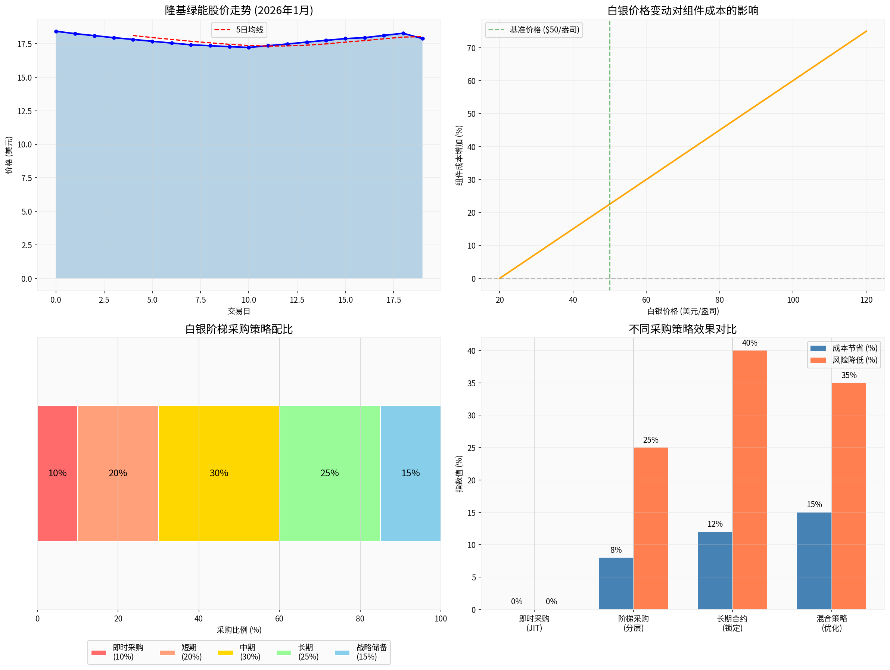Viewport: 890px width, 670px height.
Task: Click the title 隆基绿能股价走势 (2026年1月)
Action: pos(239,10)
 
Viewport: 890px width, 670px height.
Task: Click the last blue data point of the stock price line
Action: pos(423,38)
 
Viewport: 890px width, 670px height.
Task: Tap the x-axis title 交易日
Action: pos(239,311)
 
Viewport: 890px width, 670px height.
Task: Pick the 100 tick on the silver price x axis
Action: pos(793,300)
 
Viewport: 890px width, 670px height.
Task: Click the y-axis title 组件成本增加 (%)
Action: pos(459,155)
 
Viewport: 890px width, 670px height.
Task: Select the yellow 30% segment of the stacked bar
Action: pos(219,473)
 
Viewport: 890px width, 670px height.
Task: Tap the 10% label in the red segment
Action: pos(57,473)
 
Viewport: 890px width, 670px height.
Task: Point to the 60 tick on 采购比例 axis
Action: pos(279,618)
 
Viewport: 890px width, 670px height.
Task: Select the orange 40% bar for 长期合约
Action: pos(750,479)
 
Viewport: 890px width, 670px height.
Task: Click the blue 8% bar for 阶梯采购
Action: pos(616,583)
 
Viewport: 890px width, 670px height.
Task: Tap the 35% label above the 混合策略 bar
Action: pos(849,375)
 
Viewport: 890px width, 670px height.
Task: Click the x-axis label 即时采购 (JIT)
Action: pos(534,623)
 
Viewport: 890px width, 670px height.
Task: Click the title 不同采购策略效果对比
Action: pos(682,329)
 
